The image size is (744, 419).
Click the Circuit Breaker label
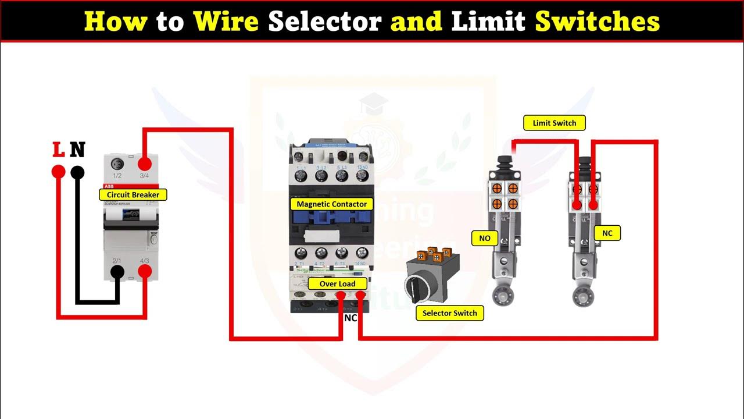(133, 195)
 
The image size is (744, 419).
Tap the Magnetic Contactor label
(332, 204)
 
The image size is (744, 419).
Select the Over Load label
(337, 284)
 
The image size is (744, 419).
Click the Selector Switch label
(449, 313)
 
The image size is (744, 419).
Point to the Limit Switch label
(555, 123)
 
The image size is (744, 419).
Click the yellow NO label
(485, 238)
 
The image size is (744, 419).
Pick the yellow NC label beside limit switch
(607, 233)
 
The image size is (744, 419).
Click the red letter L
(59, 150)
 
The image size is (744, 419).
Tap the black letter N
(77, 150)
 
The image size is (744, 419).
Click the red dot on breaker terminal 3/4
(145, 163)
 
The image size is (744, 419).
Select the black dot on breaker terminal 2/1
(117, 272)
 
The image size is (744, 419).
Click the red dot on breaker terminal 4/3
(145, 272)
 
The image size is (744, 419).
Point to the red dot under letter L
(58, 172)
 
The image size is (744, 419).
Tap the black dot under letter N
(77, 172)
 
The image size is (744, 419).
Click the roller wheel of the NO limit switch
(500, 296)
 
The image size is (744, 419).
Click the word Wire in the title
(227, 22)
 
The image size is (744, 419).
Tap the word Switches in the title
(597, 22)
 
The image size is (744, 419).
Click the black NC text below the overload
(350, 318)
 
